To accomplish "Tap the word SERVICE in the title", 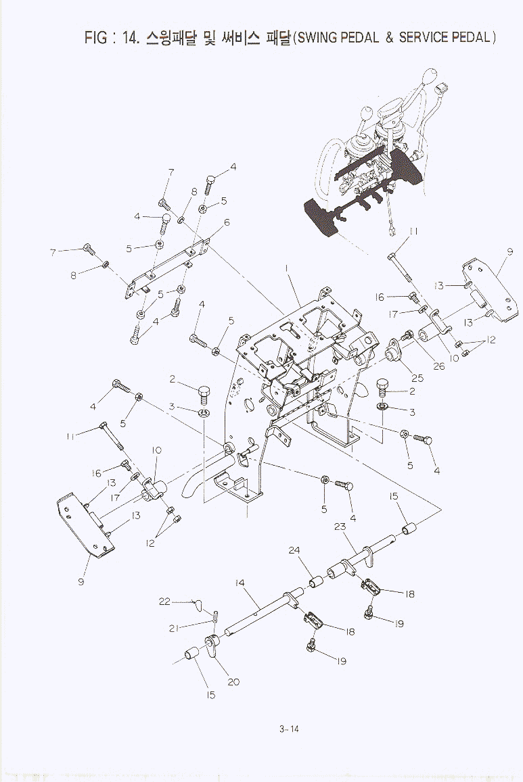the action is (x=424, y=38).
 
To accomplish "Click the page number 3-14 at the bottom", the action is (x=289, y=729).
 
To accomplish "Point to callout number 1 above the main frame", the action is (x=288, y=269).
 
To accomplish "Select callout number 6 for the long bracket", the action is (x=227, y=222).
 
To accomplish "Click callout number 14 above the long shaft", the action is (x=240, y=583).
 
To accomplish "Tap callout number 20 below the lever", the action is (x=233, y=682).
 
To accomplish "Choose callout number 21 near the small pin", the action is (x=174, y=629).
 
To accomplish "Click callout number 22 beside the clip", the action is (x=164, y=602).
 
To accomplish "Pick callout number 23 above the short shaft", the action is (x=340, y=527).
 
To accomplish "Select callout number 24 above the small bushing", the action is (x=294, y=551).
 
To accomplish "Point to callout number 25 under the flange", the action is (x=417, y=378).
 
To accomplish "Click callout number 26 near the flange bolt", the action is (x=438, y=366).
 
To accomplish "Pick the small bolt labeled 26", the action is (x=406, y=336).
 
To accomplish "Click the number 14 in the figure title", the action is (x=131, y=38).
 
